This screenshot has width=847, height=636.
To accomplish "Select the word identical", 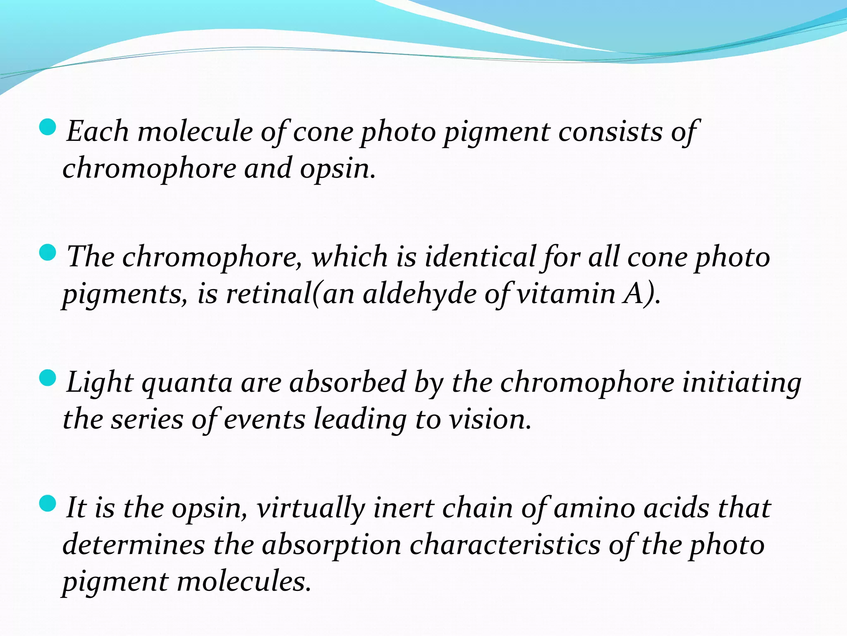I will [480, 257].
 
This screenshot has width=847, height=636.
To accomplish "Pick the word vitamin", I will [566, 294].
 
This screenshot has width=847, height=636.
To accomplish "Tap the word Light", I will [99, 382].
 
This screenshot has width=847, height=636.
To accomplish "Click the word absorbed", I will [347, 382].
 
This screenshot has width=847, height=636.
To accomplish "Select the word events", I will [264, 419].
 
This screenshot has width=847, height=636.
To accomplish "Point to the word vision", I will [490, 419].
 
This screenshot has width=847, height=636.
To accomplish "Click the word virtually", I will [311, 508].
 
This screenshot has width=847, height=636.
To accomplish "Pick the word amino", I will [594, 508].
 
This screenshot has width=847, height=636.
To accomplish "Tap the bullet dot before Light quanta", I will [48, 378].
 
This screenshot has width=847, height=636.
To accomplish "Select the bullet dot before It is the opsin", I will [48, 503].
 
